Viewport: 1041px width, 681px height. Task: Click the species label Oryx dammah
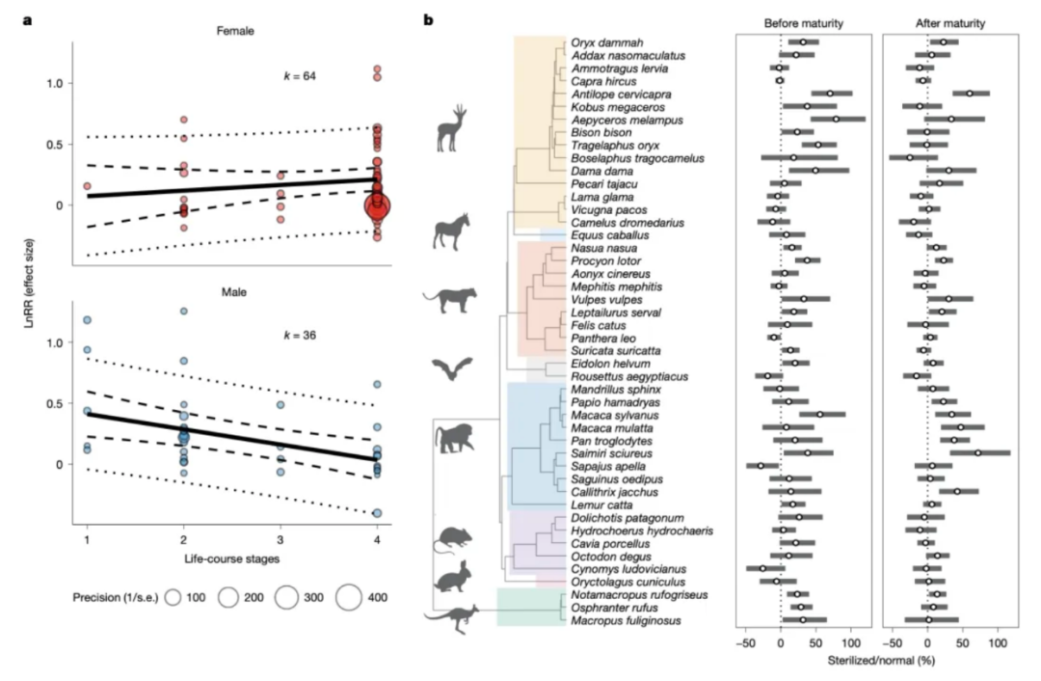pos(607,43)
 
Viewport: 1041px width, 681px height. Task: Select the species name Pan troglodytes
pos(611,441)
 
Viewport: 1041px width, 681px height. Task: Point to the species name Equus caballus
pos(610,236)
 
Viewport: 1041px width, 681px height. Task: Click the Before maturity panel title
pos(803,23)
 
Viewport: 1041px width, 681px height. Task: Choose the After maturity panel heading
pos(950,23)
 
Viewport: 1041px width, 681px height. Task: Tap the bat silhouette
pos(452,368)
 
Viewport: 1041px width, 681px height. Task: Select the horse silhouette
pos(451,232)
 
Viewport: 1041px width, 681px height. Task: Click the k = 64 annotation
pos(300,76)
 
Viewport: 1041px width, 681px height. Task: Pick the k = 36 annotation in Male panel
pos(300,336)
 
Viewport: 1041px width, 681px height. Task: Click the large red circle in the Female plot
pos(378,206)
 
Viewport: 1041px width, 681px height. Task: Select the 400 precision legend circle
pos(349,597)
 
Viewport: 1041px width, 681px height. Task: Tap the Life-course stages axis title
pos(231,558)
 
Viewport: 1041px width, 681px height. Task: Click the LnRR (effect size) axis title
pos(29,283)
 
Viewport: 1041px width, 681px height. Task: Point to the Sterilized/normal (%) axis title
pos(881,661)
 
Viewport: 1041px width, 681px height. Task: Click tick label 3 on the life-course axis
pos(280,540)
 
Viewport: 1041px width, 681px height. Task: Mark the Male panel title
pos(233,292)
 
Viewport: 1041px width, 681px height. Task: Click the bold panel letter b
pos(428,20)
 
